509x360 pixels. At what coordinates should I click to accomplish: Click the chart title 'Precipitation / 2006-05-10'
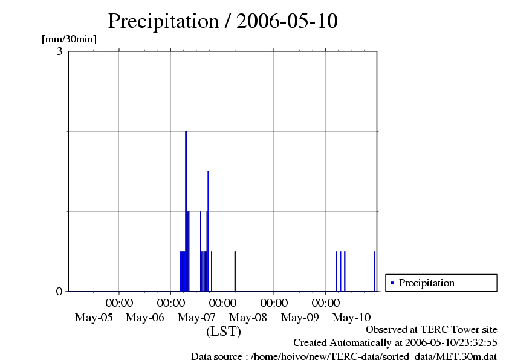pyautogui.click(x=222, y=21)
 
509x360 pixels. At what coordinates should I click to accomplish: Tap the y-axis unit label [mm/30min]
pyautogui.click(x=69, y=39)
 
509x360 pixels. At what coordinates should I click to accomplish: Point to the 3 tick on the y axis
pyautogui.click(x=60, y=51)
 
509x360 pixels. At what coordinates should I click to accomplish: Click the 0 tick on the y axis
pyautogui.click(x=60, y=291)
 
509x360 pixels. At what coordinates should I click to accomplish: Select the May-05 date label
pyautogui.click(x=94, y=317)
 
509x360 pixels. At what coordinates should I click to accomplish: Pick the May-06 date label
pyautogui.click(x=145, y=317)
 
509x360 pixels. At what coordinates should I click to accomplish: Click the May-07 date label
pyautogui.click(x=197, y=317)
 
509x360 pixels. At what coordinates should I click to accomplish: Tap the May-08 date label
pyautogui.click(x=248, y=317)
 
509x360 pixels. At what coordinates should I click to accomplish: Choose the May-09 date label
pyautogui.click(x=300, y=317)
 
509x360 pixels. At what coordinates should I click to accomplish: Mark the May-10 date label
pyautogui.click(x=352, y=317)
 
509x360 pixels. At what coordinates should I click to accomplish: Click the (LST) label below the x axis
pyautogui.click(x=224, y=332)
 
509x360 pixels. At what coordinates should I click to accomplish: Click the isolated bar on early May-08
pyautogui.click(x=235, y=271)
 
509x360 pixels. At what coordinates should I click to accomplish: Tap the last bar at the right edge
pyautogui.click(x=375, y=271)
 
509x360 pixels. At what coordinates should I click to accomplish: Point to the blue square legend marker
pyautogui.click(x=392, y=283)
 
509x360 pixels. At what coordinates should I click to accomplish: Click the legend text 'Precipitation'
pyautogui.click(x=427, y=283)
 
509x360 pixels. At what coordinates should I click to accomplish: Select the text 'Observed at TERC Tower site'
pyautogui.click(x=432, y=330)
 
